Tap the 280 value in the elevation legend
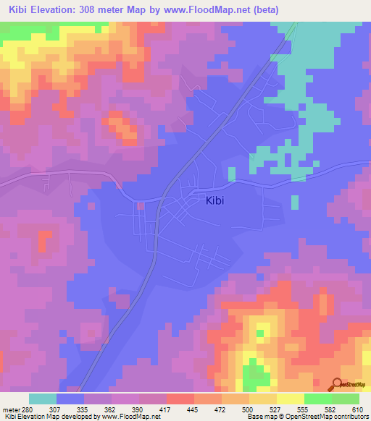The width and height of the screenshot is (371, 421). coord(26,409)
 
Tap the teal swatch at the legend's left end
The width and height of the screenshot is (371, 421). coord(42,399)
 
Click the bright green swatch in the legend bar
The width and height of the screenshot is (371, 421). coord(317,399)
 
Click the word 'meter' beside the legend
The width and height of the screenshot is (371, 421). coord(10,409)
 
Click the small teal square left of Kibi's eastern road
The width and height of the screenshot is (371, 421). coord(232,174)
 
